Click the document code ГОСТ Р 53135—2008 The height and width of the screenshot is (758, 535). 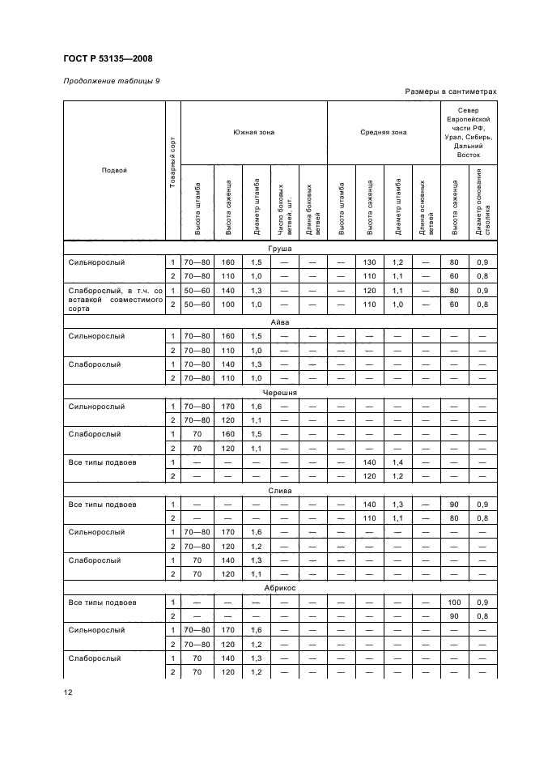coord(108,58)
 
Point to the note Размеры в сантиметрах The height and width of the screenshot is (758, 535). coord(451,92)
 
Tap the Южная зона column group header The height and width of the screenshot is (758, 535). coord(253,132)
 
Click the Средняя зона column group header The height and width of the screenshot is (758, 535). coord(383,132)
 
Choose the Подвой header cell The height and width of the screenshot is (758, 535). coord(114,171)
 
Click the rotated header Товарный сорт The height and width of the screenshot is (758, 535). coord(172,171)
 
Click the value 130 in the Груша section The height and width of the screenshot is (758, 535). coord(370,262)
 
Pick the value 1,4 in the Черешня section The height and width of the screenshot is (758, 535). coord(398,462)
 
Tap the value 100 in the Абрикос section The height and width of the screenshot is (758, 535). coord(454,603)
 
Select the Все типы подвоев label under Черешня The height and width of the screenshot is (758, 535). coord(103,462)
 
